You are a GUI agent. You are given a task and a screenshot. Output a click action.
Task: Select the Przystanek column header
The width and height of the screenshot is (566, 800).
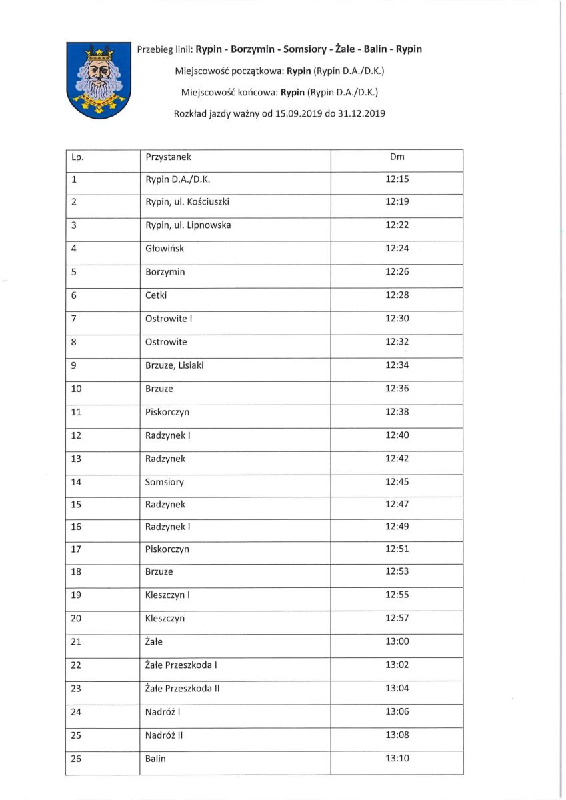point(168,157)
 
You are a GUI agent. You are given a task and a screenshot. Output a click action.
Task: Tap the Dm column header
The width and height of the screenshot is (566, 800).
point(397,157)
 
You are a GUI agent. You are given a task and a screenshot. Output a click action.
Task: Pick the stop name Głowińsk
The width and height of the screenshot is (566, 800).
point(164,249)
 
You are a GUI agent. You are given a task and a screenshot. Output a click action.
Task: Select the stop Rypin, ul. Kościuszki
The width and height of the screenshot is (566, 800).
point(187,202)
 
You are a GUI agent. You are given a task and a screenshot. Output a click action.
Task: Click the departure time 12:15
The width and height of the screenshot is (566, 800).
point(397,179)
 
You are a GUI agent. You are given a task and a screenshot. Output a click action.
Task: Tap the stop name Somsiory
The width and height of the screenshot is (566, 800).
point(164,482)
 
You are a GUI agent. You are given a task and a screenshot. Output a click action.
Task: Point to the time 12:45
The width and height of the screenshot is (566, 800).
point(397,482)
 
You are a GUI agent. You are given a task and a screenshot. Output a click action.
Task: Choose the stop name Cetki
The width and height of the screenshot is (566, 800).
point(156,295)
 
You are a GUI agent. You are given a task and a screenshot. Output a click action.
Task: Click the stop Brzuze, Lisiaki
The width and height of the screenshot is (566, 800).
point(178,365)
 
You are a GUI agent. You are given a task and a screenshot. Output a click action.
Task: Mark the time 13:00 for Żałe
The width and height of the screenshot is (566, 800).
point(397,641)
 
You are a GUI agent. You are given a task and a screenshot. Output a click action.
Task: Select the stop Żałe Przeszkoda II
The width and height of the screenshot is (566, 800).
point(182,688)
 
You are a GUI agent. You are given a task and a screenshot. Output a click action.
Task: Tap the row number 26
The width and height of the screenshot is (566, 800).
point(75,758)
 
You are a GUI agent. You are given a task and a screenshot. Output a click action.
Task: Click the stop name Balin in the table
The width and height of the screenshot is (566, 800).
point(155,758)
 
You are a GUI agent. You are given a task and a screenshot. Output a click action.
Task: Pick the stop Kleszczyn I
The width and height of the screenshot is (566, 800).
point(167,595)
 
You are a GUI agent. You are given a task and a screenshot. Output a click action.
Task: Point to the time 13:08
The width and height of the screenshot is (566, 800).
point(397,735)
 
